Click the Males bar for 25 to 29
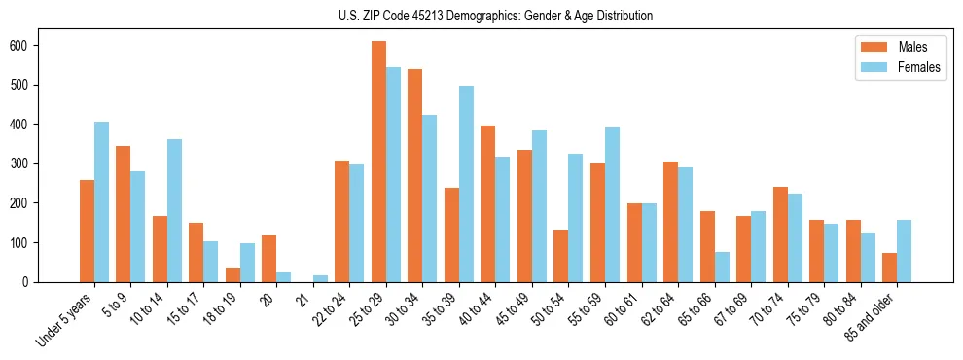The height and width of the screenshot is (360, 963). coord(378,162)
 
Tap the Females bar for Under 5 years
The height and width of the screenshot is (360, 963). coord(101,201)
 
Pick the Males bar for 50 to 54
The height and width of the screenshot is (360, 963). coord(561,256)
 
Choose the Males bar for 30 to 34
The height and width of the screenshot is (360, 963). coord(415,175)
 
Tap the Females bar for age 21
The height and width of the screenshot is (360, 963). coord(320,278)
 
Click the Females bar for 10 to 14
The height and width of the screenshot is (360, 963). coord(174,210)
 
